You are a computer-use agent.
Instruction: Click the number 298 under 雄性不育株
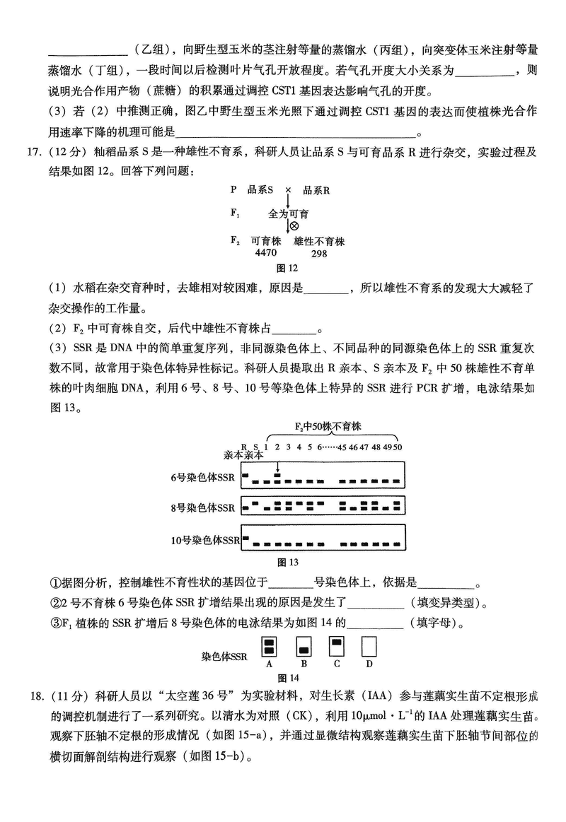coord(319,254)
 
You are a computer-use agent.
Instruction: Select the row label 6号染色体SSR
coord(202,478)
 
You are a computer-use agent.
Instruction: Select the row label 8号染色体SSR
coord(202,507)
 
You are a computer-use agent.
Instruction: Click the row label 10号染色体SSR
coord(205,541)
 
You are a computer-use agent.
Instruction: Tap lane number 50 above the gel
coord(398,446)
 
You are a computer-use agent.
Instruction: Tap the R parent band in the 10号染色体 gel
coord(246,539)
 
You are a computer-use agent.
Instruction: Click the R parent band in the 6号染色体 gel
coord(246,475)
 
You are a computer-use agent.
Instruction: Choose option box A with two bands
coord(270,647)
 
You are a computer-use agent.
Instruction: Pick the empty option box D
coord(369,647)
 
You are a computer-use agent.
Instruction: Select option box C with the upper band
coord(337,647)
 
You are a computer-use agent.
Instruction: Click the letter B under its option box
coord(304,664)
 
